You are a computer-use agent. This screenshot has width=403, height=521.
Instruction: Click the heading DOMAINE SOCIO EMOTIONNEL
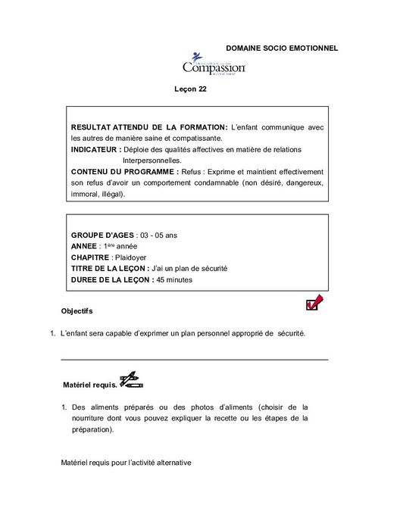[281, 48]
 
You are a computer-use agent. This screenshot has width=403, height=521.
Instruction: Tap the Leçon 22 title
[191, 89]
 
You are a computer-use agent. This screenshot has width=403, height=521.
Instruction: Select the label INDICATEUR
[96, 150]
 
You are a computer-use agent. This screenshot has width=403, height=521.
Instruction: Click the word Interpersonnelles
[152, 161]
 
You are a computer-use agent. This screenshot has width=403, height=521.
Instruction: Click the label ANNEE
[83, 247]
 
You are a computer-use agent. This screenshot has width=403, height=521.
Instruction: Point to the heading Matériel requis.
[90, 384]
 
